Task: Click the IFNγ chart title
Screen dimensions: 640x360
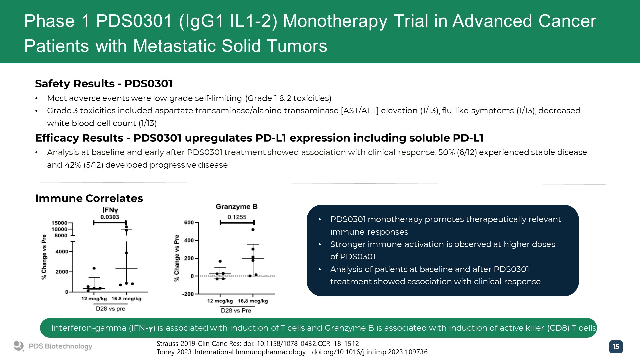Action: [x=110, y=210]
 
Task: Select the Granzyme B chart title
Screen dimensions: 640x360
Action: [x=237, y=207]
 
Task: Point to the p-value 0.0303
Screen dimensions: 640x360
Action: [x=110, y=217]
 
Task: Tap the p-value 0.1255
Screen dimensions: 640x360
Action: [x=237, y=217]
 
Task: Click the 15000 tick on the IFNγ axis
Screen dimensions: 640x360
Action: [x=59, y=223]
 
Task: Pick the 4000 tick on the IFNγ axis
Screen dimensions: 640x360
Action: [x=62, y=252]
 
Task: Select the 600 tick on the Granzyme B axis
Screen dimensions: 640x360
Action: [x=189, y=223]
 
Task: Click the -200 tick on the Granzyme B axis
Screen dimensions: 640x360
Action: [x=188, y=294]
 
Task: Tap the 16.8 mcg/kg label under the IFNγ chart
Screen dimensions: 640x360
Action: [x=126, y=299]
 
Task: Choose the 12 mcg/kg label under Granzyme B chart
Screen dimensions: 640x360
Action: [x=220, y=301]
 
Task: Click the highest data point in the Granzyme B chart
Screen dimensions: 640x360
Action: [x=253, y=230]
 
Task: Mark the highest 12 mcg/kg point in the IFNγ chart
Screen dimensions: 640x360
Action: [x=94, y=268]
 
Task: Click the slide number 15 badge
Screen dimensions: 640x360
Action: [x=616, y=347]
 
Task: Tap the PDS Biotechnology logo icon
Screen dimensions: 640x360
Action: [x=19, y=346]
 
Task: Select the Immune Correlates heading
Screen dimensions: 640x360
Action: [x=89, y=198]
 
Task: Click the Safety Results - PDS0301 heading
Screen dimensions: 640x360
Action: [x=104, y=84]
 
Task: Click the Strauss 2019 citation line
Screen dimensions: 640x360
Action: [x=258, y=344]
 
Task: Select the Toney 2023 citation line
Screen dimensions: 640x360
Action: [x=292, y=352]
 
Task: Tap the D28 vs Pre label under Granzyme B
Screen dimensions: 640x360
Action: [x=236, y=311]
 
